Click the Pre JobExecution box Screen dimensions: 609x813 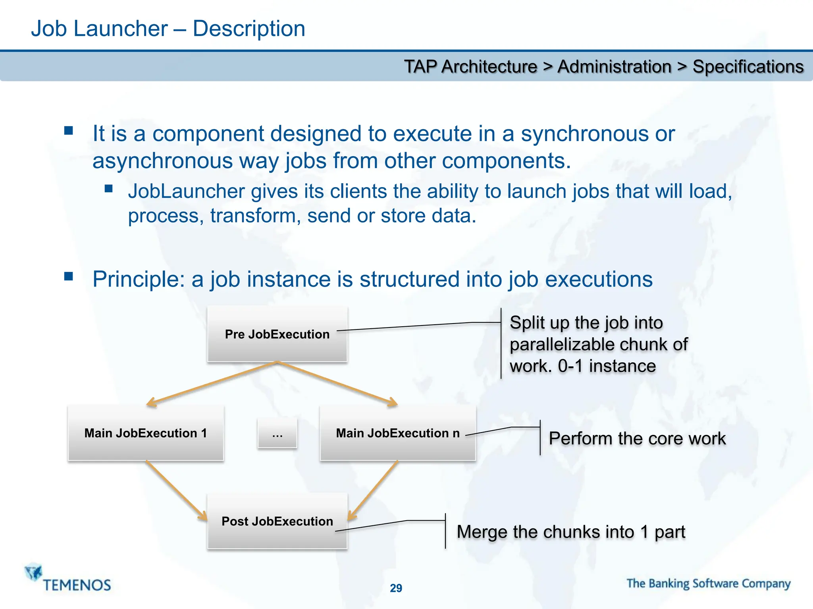point(277,334)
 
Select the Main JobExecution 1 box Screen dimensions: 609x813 point(146,433)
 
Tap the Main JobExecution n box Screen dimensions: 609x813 point(397,433)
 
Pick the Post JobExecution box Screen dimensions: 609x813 point(277,521)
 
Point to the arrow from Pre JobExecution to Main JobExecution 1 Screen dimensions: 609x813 point(212,383)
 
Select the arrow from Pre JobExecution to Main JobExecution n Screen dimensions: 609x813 point(337,383)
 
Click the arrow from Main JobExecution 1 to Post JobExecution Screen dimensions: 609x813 point(177,490)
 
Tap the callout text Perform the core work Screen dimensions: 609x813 point(637,439)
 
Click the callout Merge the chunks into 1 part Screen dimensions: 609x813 point(571,532)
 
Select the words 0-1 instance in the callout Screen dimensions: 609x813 point(607,366)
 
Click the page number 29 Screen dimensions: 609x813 point(396,588)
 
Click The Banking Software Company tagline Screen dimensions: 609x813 point(708,583)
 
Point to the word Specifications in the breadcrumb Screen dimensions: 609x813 point(748,67)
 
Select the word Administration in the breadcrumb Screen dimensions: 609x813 point(614,67)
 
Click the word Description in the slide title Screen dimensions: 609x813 point(249,29)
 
